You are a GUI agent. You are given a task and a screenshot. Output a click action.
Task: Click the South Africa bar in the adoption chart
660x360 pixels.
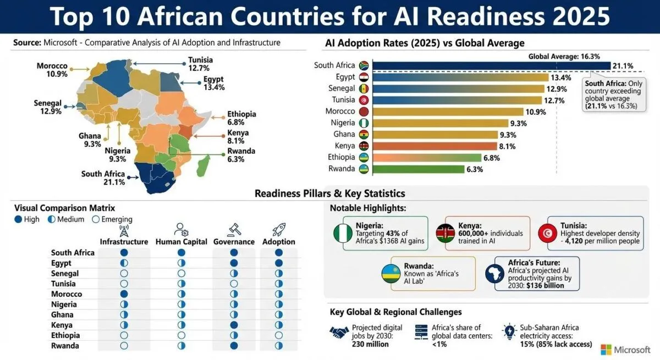click(x=490, y=65)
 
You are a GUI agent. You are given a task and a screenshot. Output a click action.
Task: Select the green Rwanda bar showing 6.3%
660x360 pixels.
click(x=418, y=169)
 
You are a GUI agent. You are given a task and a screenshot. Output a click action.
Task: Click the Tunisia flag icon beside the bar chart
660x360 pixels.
click(x=364, y=100)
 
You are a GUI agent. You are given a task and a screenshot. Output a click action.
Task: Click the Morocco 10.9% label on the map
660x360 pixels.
click(x=52, y=70)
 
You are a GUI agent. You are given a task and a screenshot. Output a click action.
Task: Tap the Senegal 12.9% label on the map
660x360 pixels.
click(x=47, y=108)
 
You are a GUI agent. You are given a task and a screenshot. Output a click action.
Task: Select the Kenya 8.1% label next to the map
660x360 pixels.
click(x=238, y=137)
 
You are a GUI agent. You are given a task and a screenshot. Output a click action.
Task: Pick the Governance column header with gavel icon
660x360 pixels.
click(x=233, y=242)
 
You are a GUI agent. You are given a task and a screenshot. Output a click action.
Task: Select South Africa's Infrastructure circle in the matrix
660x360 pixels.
click(x=124, y=253)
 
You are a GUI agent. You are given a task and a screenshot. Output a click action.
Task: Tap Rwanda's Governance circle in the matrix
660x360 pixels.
click(x=234, y=346)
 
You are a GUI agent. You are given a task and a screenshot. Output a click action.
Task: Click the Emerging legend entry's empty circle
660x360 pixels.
click(x=95, y=219)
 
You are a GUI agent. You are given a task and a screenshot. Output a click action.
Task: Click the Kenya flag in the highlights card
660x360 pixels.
click(x=446, y=234)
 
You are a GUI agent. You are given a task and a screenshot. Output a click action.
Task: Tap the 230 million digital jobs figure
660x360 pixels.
click(x=370, y=345)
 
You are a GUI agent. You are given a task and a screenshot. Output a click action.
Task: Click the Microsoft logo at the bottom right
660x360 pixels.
click(x=606, y=350)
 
